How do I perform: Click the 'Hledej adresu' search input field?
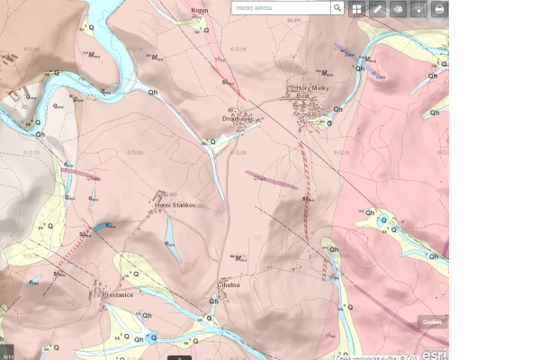280,8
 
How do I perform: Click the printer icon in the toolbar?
438,8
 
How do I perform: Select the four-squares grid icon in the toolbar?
356,8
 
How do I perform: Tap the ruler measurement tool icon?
377,8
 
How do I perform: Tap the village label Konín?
199,12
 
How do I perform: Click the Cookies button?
432,321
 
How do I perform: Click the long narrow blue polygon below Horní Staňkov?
170,241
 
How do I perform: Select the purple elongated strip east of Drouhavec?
270,179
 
